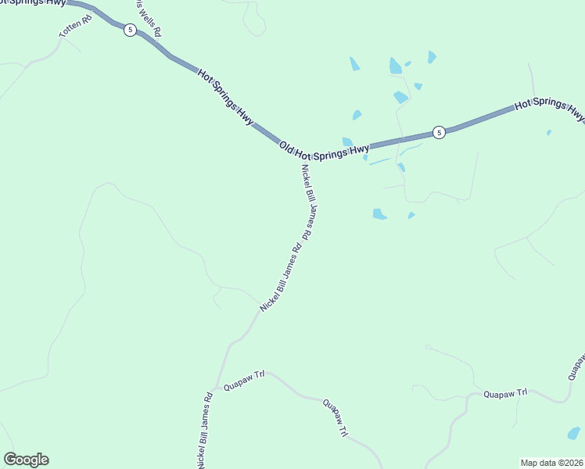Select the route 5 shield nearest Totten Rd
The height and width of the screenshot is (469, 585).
click(x=130, y=30)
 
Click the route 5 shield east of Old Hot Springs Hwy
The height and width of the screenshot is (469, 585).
click(x=439, y=132)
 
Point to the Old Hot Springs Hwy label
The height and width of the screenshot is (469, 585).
click(x=324, y=149)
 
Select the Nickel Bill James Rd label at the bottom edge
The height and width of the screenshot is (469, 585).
click(x=204, y=430)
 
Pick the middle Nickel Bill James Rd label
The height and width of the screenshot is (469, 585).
click(x=281, y=279)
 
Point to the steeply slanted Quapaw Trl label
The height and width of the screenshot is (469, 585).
click(x=336, y=420)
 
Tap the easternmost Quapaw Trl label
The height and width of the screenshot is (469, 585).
click(x=505, y=393)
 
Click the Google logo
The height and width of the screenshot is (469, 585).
click(x=26, y=460)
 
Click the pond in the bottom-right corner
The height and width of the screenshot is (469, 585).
click(x=574, y=433)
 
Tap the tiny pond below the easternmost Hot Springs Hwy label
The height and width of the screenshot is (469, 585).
click(x=549, y=132)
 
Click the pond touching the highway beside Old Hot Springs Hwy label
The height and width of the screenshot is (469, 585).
click(x=347, y=141)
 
